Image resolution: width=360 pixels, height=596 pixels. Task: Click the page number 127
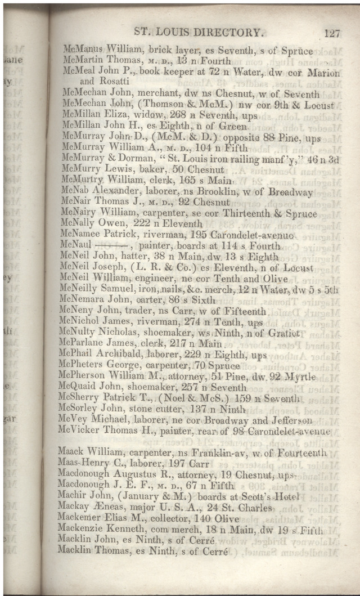pyautogui.click(x=332, y=33)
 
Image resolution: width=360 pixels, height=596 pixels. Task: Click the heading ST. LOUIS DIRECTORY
pyautogui.click(x=198, y=32)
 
